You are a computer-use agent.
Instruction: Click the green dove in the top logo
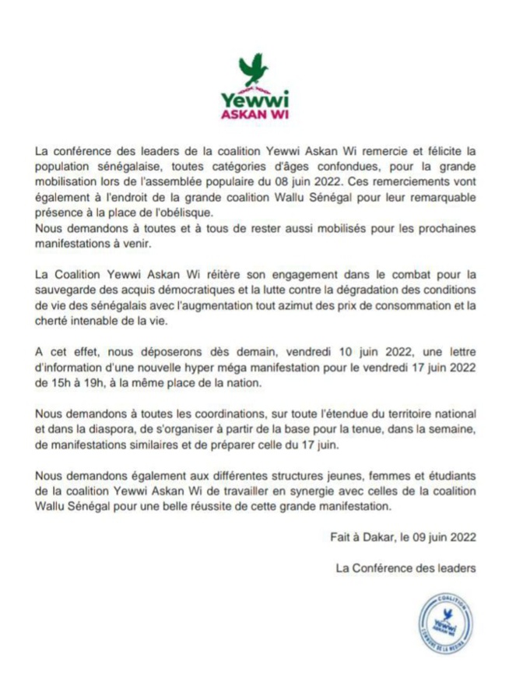[254, 69]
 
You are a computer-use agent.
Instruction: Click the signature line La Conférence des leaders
[404, 568]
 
